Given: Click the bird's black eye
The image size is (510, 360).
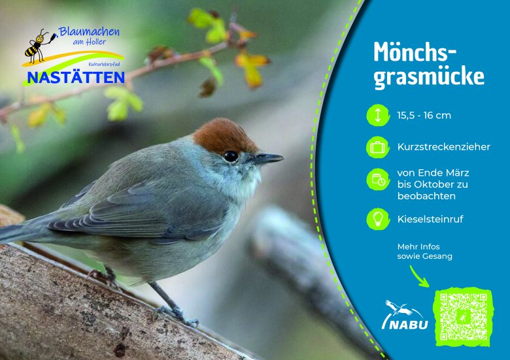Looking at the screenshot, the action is click(231, 156).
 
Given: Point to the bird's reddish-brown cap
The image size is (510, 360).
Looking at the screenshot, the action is click(224, 136).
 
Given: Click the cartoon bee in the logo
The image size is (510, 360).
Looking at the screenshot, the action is click(37, 46).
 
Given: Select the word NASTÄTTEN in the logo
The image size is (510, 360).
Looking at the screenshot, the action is click(76, 78).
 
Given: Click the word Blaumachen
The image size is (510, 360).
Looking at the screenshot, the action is click(89, 32).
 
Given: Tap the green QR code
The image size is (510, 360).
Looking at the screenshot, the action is click(464, 316).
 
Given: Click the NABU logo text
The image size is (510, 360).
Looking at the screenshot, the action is click(405, 324).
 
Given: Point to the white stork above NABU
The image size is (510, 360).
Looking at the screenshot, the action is click(398, 307).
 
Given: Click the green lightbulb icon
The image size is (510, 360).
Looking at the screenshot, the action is click(378, 219).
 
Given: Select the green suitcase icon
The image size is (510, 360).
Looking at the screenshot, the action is click(378, 147).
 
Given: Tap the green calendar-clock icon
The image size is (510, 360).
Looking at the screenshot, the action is click(378, 180).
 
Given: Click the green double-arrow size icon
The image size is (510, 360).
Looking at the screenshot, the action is click(378, 115).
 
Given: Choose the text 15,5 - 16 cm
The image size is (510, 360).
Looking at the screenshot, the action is click(424, 116).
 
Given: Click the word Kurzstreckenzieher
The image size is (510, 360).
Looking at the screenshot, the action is click(444, 147).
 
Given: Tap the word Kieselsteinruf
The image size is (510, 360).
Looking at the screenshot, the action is click(430, 219).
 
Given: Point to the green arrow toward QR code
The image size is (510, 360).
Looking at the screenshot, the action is click(418, 277).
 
